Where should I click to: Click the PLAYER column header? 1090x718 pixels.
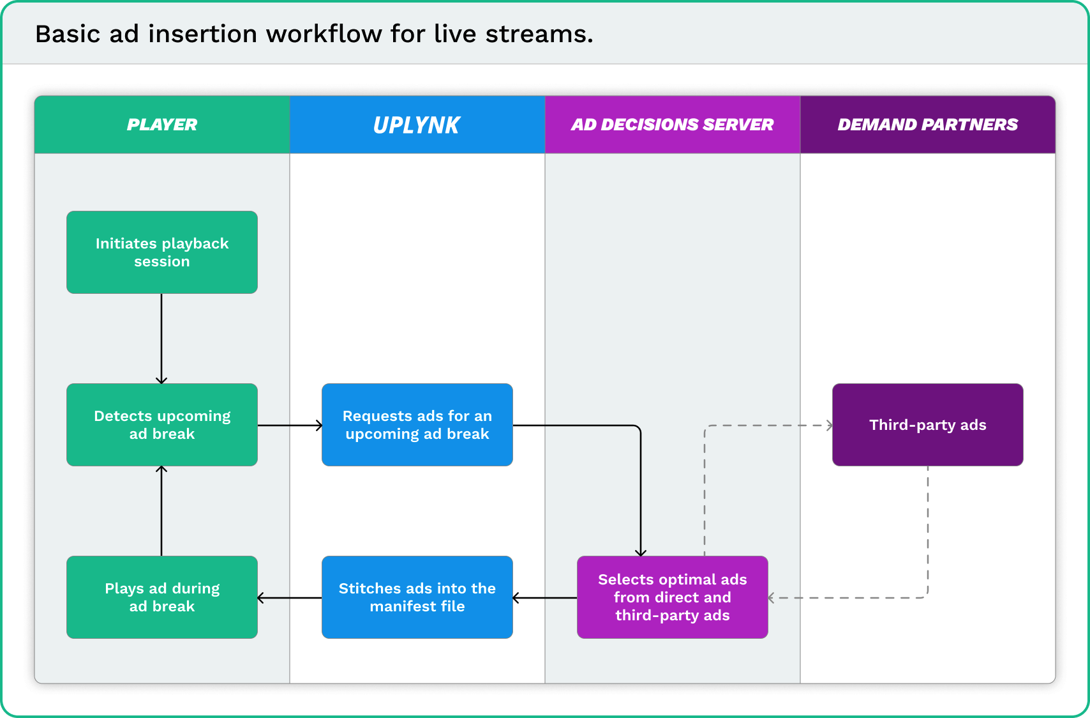tap(162, 125)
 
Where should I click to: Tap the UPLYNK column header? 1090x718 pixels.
tap(417, 125)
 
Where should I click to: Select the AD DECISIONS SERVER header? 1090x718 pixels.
tap(673, 125)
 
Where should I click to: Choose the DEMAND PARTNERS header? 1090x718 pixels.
tap(927, 125)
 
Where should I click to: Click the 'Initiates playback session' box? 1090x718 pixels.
tap(162, 252)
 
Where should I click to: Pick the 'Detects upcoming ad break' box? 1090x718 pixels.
tap(162, 425)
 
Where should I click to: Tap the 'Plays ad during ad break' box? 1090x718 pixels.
tap(162, 597)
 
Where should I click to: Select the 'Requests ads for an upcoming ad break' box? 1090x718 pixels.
tap(417, 425)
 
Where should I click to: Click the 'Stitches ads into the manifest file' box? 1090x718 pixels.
tap(417, 597)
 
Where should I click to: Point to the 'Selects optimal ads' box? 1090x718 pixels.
tap(673, 597)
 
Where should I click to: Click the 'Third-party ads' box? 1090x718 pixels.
tap(927, 425)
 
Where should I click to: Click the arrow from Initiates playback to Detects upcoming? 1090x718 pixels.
tap(161, 339)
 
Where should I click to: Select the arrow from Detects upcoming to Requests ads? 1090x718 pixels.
tap(290, 425)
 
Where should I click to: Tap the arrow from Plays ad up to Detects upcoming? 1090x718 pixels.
tap(161, 511)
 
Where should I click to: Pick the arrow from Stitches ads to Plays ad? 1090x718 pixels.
tap(290, 598)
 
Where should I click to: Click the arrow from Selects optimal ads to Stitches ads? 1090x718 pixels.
tap(545, 598)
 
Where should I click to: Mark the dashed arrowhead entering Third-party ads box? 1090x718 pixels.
tap(830, 425)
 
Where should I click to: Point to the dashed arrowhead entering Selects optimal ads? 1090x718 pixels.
tap(772, 598)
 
